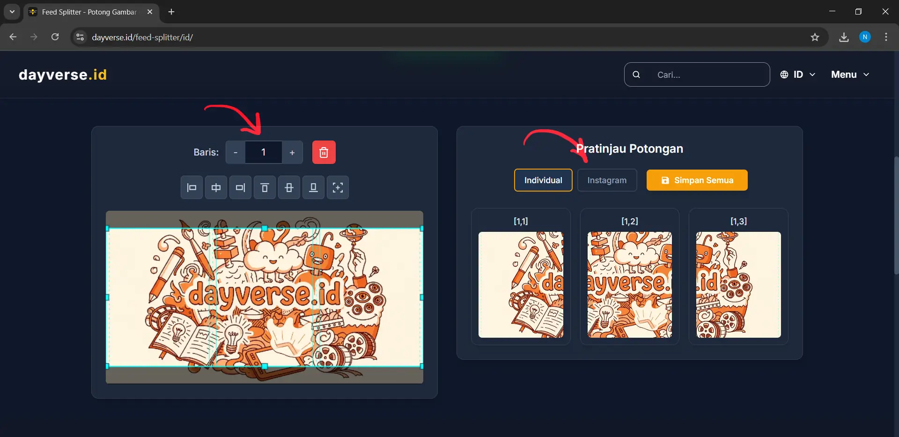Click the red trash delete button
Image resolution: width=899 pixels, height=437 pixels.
click(324, 152)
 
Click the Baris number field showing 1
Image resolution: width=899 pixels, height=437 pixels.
click(263, 152)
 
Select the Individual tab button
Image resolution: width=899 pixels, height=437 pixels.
click(543, 180)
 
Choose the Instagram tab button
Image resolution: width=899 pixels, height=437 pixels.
click(607, 180)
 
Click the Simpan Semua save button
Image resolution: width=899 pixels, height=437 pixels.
click(697, 180)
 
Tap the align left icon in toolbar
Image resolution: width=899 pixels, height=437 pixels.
click(192, 188)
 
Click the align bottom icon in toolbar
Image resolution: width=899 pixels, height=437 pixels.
click(313, 188)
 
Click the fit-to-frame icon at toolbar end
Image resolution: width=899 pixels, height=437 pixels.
click(338, 188)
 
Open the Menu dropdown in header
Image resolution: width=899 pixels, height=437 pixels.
click(850, 74)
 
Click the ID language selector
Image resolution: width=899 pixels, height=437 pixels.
click(798, 74)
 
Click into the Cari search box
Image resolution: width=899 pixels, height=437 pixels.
click(707, 74)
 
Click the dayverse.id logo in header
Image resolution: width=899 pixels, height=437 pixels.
click(63, 74)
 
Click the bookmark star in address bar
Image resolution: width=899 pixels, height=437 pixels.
click(815, 37)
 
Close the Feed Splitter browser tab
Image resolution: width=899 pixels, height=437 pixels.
click(150, 12)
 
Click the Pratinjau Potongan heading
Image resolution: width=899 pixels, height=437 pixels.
click(629, 148)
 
